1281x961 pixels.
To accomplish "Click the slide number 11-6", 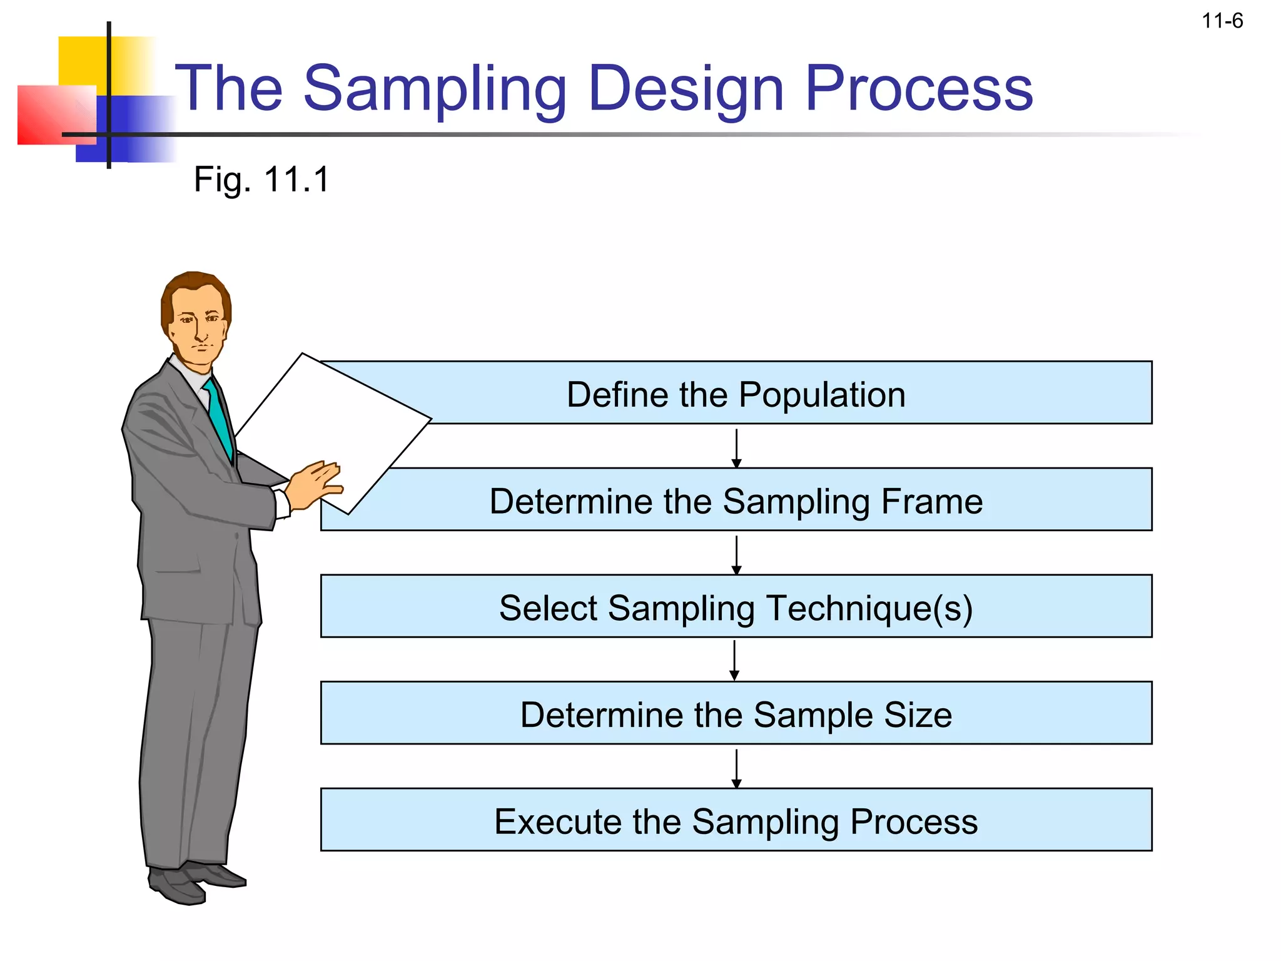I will tap(1222, 21).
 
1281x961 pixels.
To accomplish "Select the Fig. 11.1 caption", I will tap(261, 180).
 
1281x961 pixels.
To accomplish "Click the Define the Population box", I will tap(736, 394).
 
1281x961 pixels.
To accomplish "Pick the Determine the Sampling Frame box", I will tap(736, 501).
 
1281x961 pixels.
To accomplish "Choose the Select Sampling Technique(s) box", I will tap(736, 607).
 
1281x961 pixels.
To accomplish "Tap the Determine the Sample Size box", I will tap(736, 714).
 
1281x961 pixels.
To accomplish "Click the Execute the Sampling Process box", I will tap(736, 820).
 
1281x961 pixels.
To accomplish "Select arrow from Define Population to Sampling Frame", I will tap(736, 447).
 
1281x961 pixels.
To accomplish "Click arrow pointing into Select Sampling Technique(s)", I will tap(736, 554).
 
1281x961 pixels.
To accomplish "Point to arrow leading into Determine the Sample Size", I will tap(734, 660).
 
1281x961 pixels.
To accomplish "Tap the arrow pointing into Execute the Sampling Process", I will tap(736, 768).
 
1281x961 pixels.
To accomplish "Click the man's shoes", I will tap(194, 882).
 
